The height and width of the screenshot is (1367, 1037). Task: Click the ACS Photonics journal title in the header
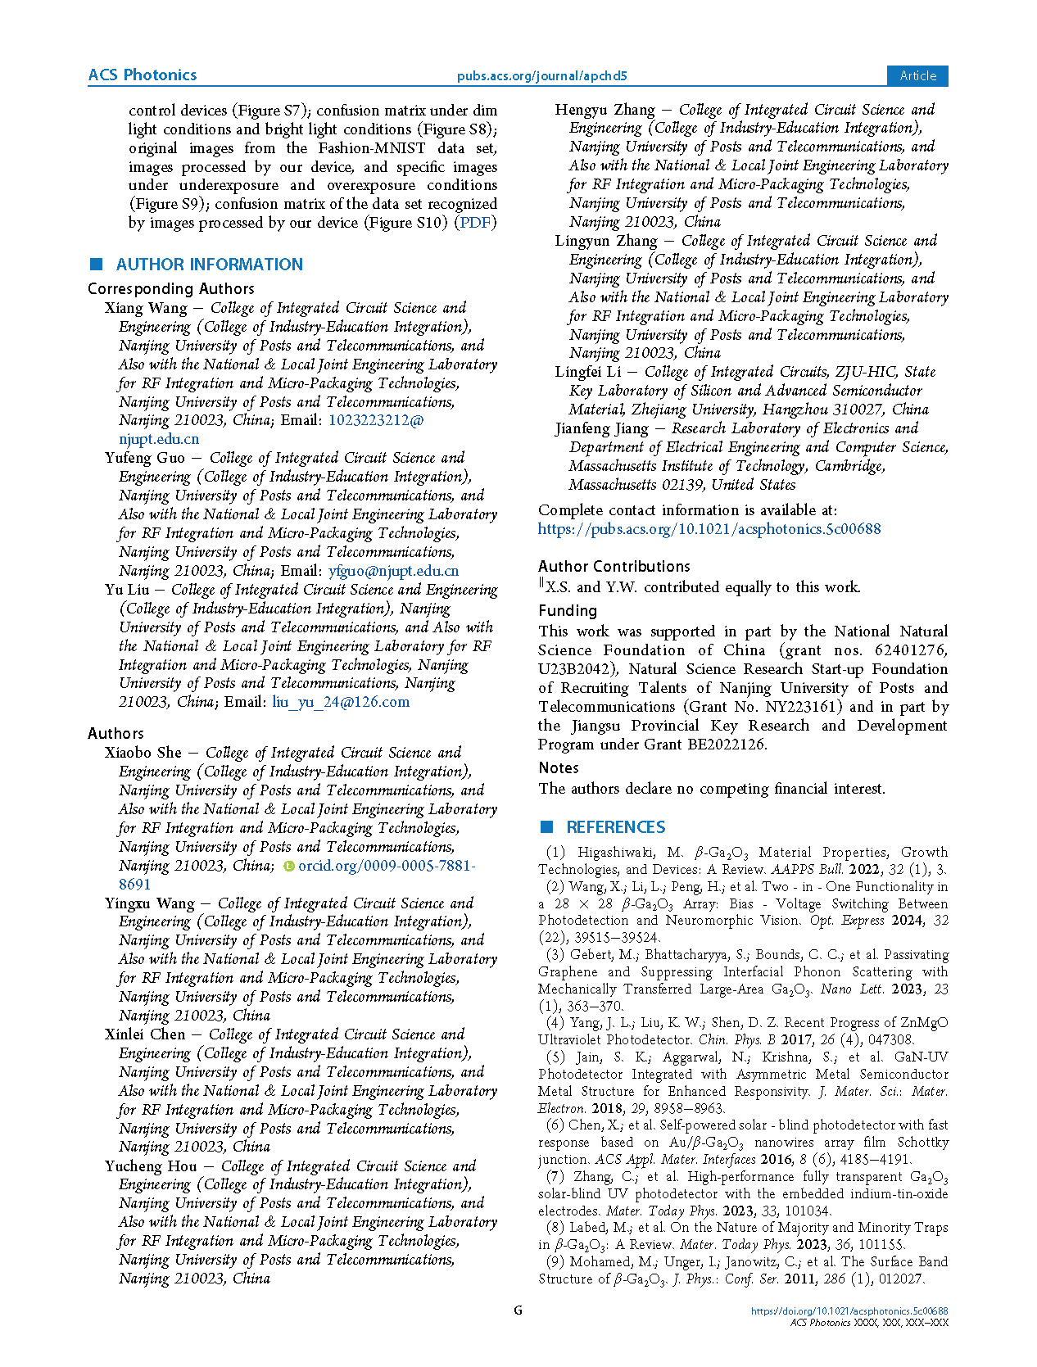click(143, 75)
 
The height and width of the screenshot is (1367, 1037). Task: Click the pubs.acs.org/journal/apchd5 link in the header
click(541, 76)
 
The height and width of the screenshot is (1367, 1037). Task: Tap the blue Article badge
click(917, 75)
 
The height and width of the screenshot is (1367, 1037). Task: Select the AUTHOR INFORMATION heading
click(209, 265)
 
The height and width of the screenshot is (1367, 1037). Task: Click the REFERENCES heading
click(615, 827)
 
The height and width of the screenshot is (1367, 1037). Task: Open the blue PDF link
click(475, 223)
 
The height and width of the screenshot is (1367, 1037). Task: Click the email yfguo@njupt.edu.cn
click(393, 571)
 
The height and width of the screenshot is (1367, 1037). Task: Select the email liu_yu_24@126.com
click(341, 702)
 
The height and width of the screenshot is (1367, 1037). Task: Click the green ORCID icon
click(288, 866)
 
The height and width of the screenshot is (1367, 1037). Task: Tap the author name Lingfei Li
click(587, 372)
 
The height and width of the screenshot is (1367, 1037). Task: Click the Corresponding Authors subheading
click(171, 289)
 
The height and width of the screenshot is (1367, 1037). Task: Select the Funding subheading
click(568, 611)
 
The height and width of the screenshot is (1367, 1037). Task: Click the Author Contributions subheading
click(614, 567)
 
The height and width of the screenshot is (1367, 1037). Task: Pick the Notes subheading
click(559, 768)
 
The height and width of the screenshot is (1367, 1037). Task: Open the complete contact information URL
click(709, 529)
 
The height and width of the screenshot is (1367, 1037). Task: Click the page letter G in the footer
click(518, 1310)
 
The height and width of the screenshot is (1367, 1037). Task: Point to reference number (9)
click(555, 1262)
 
